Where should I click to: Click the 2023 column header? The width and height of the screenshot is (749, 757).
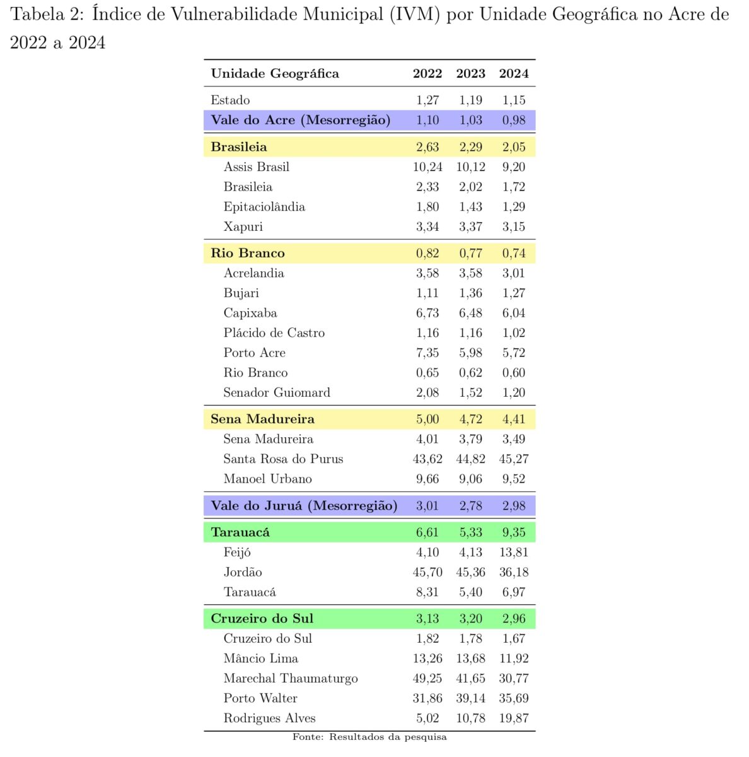[470, 74]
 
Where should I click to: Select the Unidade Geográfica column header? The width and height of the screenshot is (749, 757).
[275, 74]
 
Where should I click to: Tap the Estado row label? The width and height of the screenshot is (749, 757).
[230, 100]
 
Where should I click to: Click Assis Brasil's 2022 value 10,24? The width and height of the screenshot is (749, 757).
[427, 167]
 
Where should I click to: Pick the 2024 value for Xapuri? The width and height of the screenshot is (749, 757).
[513, 227]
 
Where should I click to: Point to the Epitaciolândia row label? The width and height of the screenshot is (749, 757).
[264, 207]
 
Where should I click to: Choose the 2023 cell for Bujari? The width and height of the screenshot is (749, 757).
[470, 293]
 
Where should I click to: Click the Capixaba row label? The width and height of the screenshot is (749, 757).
[250, 314]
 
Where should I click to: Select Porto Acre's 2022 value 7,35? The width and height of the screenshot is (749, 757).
[427, 353]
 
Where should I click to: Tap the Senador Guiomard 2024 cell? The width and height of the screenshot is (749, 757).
[513, 393]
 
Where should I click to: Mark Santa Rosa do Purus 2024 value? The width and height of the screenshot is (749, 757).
[513, 459]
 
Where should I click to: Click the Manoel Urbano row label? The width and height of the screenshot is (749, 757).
[267, 479]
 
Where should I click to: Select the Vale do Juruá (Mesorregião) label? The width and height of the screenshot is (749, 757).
[304, 506]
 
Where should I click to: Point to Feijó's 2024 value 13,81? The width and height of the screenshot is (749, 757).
[513, 553]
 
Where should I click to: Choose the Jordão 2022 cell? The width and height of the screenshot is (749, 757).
[427, 573]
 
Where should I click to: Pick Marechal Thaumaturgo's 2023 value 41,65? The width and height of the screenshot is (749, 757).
[470, 679]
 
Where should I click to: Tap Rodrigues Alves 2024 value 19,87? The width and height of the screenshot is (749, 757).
[513, 719]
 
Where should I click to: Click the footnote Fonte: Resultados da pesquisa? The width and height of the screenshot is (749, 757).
[369, 737]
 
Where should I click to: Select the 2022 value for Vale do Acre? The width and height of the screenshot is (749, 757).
[427, 120]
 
